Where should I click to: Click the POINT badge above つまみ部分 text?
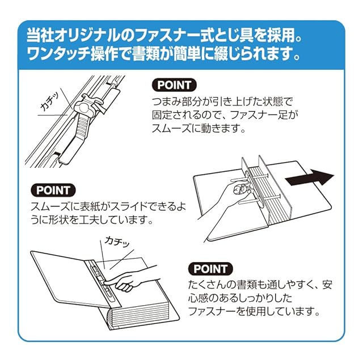coord(174,85)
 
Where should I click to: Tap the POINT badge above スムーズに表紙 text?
coord(53,191)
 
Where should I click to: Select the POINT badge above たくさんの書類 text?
coord(210,269)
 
